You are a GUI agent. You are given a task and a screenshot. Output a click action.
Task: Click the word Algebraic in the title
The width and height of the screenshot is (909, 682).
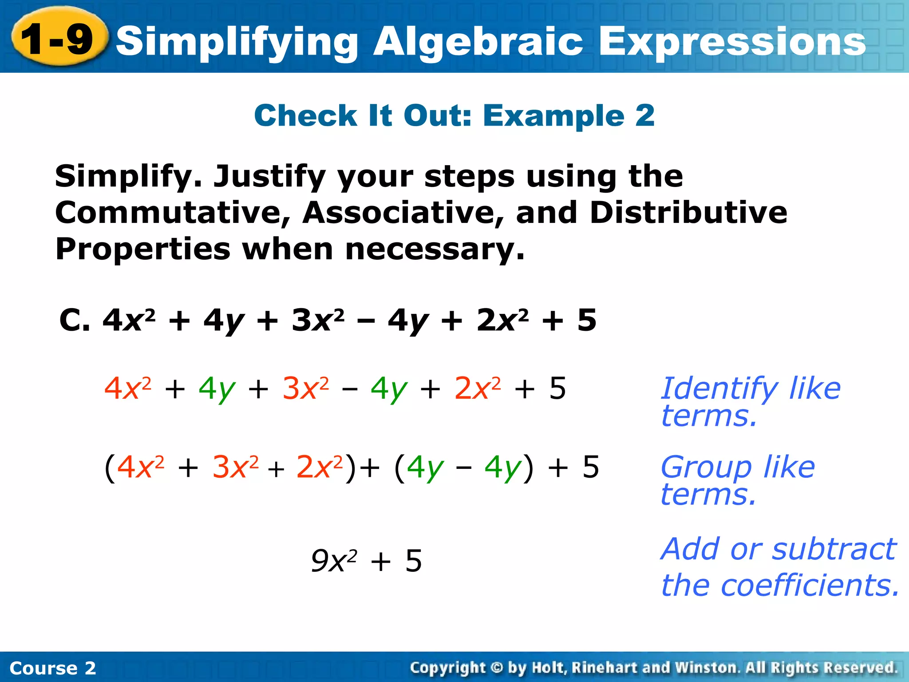click(478, 42)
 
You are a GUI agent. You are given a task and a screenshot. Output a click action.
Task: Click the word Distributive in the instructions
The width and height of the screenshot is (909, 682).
click(688, 213)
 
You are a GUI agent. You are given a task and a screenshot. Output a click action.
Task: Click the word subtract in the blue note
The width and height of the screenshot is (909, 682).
click(834, 550)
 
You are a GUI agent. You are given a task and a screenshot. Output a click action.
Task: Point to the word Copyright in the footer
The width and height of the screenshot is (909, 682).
click(447, 668)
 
